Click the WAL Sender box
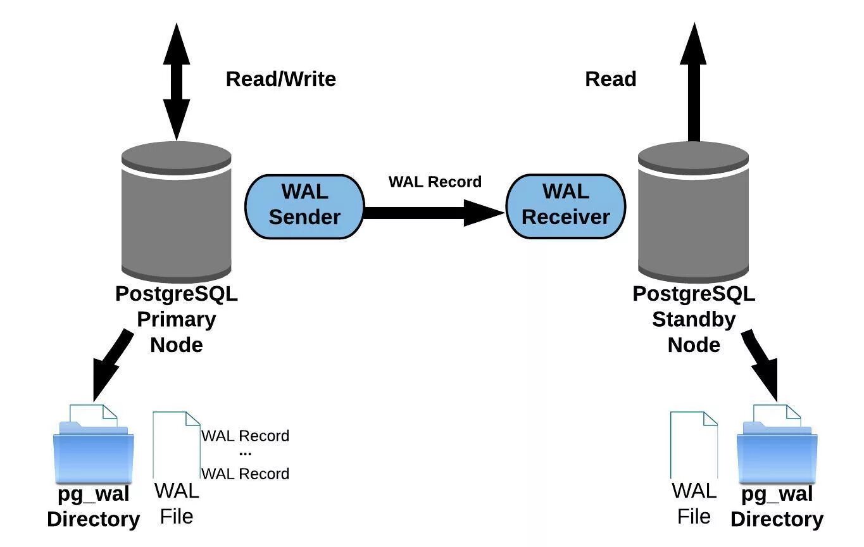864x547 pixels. pos(304,206)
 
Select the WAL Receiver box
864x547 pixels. pos(565,206)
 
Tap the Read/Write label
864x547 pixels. pos(280,79)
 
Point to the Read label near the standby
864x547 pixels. pos(610,79)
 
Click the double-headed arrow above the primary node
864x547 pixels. pos(176,82)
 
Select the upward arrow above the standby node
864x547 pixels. pos(694,82)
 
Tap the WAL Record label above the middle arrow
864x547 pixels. pos(435,182)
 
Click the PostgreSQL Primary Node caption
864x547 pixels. pos(177,319)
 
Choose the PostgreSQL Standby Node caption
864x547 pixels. pos(694,319)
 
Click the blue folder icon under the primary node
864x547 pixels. pos(94,450)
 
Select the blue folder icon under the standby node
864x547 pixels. pos(777,450)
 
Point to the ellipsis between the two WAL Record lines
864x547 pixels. pos(246,454)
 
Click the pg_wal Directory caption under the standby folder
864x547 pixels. pos(777,506)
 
